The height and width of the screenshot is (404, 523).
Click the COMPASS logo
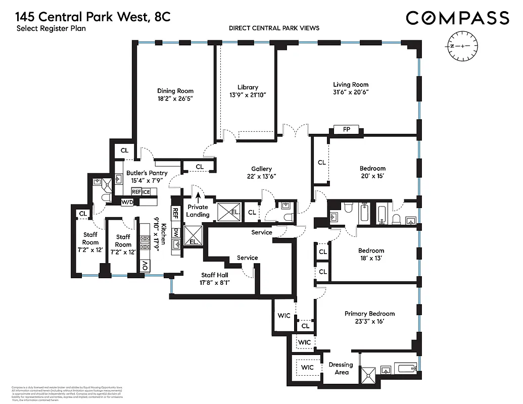(457, 18)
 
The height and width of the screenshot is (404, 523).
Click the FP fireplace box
(347, 130)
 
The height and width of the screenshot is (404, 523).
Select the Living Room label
(350, 85)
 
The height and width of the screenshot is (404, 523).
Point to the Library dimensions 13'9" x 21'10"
(248, 94)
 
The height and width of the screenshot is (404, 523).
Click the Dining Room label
(175, 91)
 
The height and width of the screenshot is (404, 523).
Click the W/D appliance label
(127, 202)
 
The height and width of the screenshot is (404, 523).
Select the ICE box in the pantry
(146, 192)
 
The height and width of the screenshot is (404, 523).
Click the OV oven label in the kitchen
(145, 265)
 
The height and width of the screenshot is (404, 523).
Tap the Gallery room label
(261, 169)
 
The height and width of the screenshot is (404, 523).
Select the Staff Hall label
(215, 275)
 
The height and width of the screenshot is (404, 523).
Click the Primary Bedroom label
(369, 314)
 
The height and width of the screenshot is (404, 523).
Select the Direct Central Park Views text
(274, 28)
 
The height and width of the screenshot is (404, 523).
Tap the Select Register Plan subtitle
(51, 29)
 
